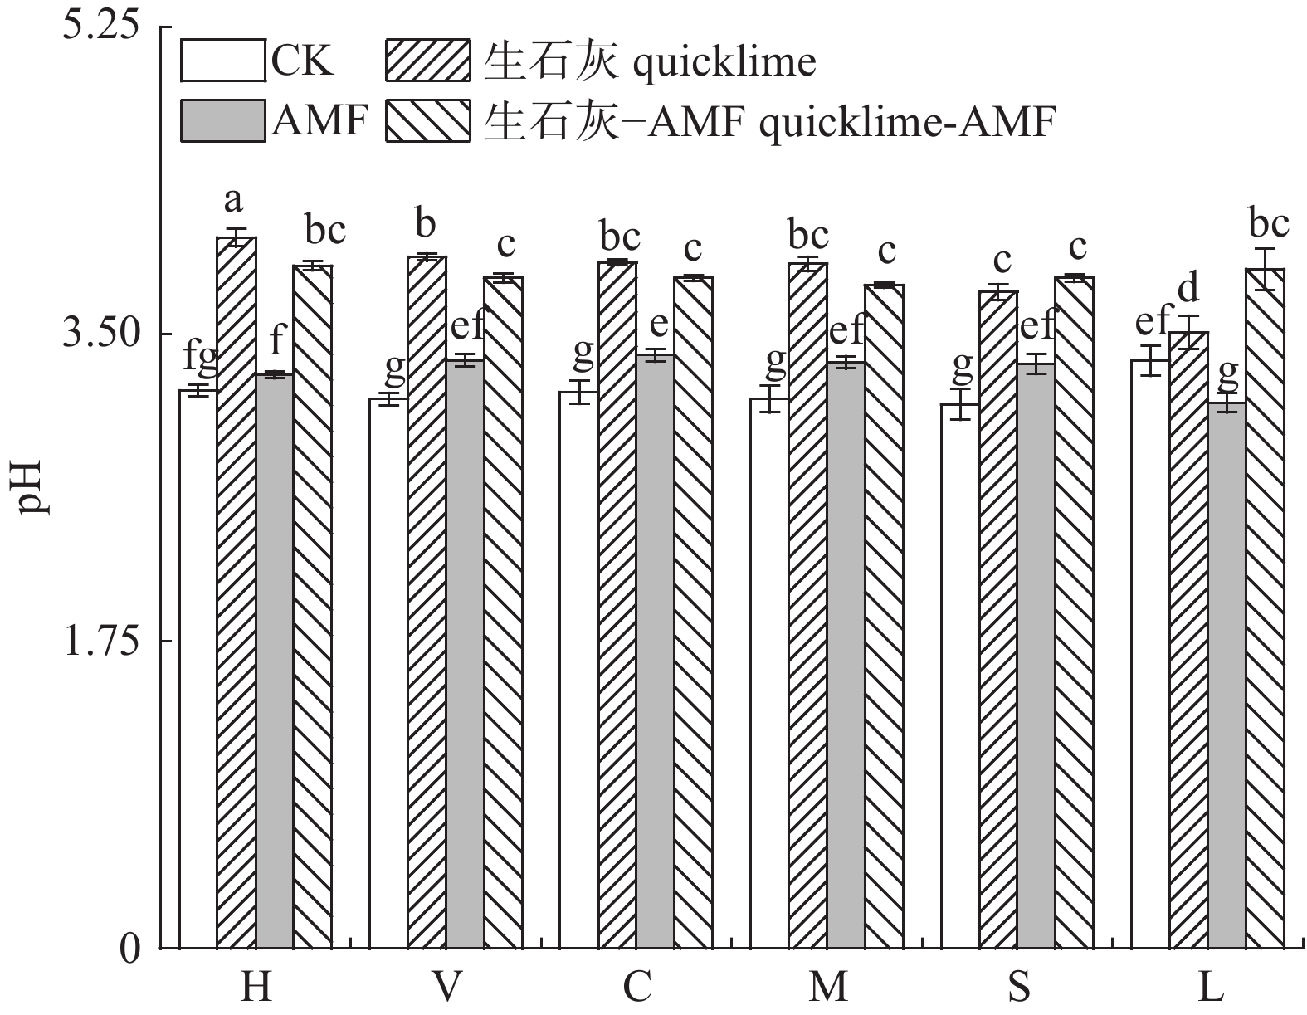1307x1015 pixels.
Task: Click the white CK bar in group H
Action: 198,668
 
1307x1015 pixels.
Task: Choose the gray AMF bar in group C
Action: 656,651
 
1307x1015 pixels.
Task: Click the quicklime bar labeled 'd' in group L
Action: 1188,639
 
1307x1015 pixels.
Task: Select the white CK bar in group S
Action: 959,676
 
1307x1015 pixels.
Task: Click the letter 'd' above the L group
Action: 1189,289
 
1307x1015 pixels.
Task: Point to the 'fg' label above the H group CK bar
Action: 200,357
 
